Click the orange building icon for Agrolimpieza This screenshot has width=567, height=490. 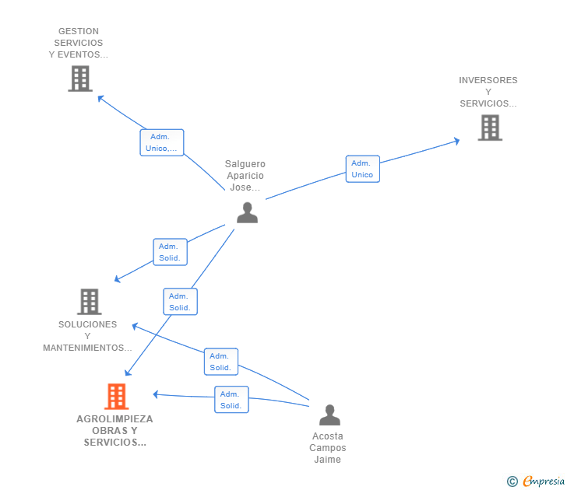(116, 397)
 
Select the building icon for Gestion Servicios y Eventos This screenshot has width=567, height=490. (79, 79)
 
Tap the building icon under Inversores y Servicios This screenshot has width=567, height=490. (489, 128)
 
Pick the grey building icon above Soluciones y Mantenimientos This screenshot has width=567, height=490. (90, 302)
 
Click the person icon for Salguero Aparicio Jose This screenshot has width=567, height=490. (247, 212)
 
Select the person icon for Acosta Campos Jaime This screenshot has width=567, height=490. (329, 415)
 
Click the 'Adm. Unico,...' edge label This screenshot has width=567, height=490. (161, 142)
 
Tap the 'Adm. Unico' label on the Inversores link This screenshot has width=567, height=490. (362, 169)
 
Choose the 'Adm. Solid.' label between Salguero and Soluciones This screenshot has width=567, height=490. (170, 252)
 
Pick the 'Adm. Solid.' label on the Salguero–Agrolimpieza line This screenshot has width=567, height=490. (180, 302)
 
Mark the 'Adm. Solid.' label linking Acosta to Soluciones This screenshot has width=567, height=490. (220, 362)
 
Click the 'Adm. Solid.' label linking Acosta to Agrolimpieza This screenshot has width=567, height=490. (231, 400)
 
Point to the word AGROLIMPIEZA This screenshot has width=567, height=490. (114, 419)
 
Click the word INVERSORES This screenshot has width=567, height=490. (488, 80)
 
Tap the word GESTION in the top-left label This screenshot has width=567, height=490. (78, 31)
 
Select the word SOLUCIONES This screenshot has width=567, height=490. (87, 324)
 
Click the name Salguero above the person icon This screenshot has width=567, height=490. (245, 164)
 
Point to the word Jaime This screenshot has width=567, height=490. (327, 460)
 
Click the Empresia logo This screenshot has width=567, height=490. (543, 481)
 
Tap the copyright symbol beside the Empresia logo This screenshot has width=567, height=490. (512, 482)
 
